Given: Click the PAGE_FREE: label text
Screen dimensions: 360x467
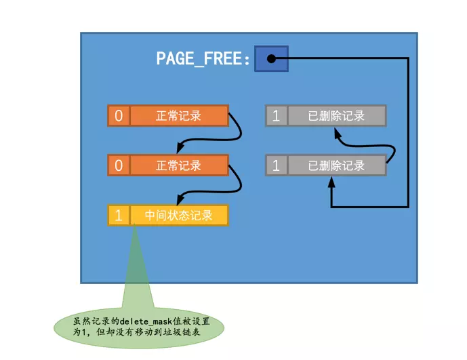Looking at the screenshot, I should [x=203, y=59].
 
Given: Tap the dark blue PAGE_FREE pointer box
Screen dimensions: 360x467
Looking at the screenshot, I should [x=271, y=59].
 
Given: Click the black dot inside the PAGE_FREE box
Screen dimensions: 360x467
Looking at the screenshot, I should [x=270, y=59].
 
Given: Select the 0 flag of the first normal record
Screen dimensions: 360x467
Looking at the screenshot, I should [x=119, y=116].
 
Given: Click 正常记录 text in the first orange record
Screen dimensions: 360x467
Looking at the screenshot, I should [x=178, y=116].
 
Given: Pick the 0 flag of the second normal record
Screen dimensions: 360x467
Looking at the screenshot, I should [x=119, y=165].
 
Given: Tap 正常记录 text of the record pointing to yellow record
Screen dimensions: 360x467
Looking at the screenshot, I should [x=178, y=165].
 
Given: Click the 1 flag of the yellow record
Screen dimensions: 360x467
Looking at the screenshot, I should [x=119, y=216].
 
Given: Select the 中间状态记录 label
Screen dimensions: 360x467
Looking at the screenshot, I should [x=178, y=216].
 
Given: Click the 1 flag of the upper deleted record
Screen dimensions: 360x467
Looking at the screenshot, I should [x=276, y=116].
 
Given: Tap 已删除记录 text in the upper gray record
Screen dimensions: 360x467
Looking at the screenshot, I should [x=336, y=116].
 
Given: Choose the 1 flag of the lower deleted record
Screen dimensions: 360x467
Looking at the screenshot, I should [x=276, y=165].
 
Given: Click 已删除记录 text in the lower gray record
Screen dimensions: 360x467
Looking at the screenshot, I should [x=336, y=165].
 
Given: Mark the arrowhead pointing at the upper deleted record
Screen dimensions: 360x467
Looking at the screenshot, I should [x=338, y=134].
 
